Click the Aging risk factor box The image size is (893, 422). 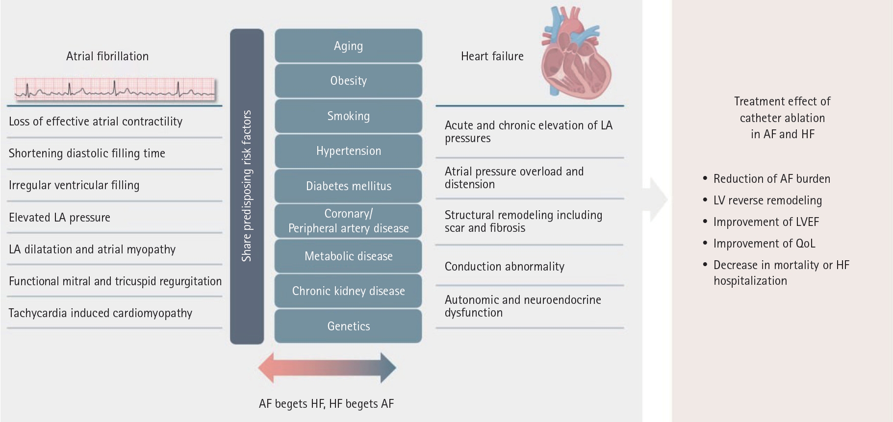point(348,46)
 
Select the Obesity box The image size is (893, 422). point(348,81)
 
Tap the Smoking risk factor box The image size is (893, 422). point(348,116)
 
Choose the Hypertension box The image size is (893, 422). point(348,151)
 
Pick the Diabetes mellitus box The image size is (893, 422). point(348,186)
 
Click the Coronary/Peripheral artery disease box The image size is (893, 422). point(348,221)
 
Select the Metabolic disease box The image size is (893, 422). point(348,256)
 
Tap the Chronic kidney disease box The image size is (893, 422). point(348,291)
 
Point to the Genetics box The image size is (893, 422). point(348,326)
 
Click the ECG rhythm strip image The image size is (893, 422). point(115,89)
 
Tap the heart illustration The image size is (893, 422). point(576,51)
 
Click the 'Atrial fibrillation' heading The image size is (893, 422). point(107,56)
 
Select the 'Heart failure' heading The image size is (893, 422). point(492,56)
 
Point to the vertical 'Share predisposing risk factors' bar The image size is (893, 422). point(247,186)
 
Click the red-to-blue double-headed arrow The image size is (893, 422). point(327,368)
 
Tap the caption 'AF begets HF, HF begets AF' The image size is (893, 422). point(327,404)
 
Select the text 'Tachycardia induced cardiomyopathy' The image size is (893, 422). point(101,313)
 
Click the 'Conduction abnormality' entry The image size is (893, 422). point(505,267)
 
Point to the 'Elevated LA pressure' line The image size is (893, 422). point(59,218)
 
